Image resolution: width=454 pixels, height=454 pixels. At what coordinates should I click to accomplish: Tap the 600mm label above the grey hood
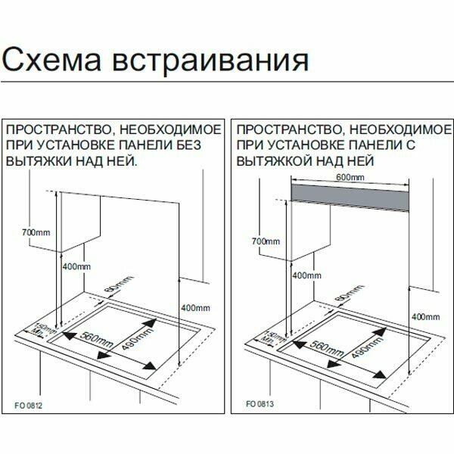coord(351,176)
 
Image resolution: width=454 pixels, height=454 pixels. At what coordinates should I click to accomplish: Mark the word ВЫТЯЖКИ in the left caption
coord(36,161)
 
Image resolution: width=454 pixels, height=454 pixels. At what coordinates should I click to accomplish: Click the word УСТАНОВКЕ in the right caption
coord(306,144)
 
